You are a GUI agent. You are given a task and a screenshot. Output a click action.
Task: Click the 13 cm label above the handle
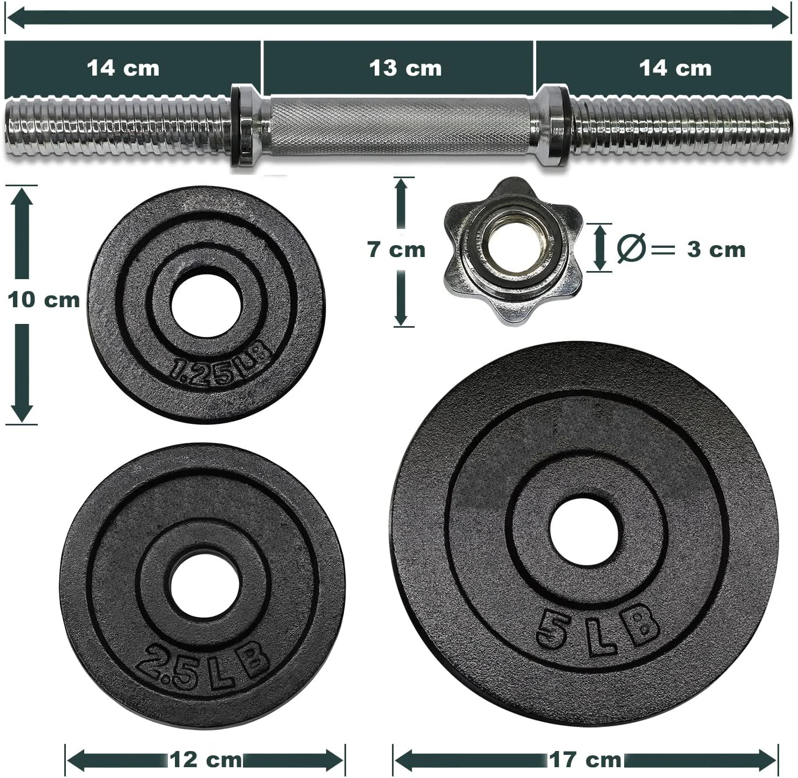[405, 68]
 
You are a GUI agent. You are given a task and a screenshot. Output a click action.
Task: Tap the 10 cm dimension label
[44, 300]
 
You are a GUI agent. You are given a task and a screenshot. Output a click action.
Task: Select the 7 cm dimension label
[396, 250]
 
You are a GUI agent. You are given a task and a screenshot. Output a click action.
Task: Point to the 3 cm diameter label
[716, 249]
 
